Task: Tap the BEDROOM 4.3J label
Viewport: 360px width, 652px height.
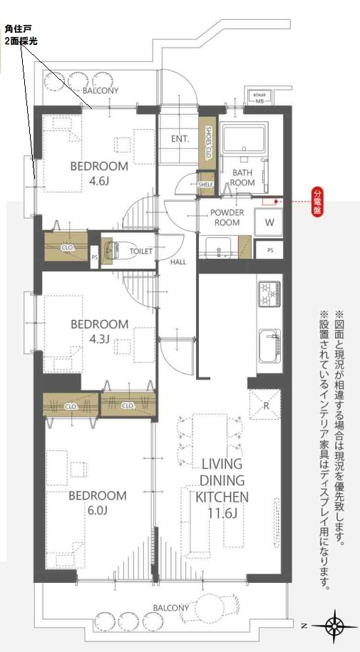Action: [99, 331]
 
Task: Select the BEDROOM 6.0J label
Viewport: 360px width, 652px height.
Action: [98, 502]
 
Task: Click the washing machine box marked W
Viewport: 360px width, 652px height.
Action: [269, 222]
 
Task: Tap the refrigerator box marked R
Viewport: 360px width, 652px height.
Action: [265, 405]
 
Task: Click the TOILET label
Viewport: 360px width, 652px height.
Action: [141, 252]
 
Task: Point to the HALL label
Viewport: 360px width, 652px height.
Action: [178, 262]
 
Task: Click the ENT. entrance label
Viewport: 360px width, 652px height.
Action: [180, 139]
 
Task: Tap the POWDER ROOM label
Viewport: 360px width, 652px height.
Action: [227, 217]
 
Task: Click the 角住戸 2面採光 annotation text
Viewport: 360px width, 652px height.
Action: [21, 36]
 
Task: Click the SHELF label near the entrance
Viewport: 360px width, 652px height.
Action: [207, 183]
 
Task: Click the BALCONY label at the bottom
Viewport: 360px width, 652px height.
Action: [170, 607]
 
